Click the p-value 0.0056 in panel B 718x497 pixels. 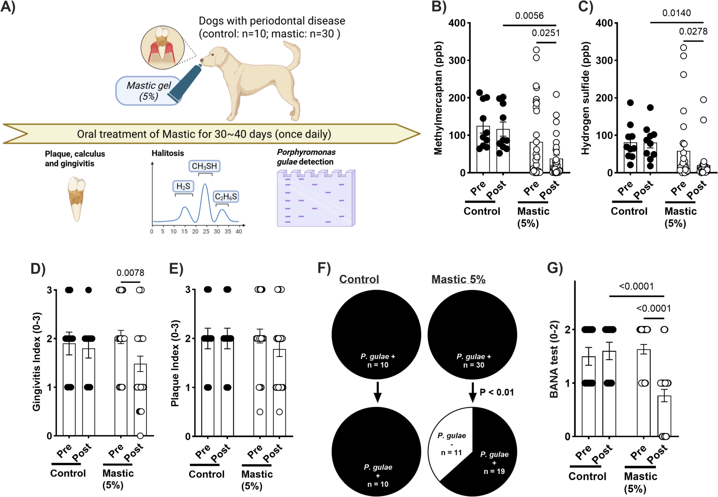529,16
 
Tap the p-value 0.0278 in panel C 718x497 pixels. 693,31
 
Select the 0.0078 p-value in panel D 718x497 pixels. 130,273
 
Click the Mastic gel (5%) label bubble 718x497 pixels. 148,91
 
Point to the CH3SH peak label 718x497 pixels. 204,166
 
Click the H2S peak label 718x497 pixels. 183,186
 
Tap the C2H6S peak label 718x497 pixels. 226,197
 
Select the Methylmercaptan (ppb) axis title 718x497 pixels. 438,98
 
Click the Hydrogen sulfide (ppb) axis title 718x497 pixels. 585,98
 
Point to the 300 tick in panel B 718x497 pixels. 457,60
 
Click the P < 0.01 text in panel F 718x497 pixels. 497,392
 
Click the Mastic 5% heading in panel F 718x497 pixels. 458,279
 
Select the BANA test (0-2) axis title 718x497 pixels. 554,359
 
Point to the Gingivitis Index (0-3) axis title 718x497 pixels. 36,361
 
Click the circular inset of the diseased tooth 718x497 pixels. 162,47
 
